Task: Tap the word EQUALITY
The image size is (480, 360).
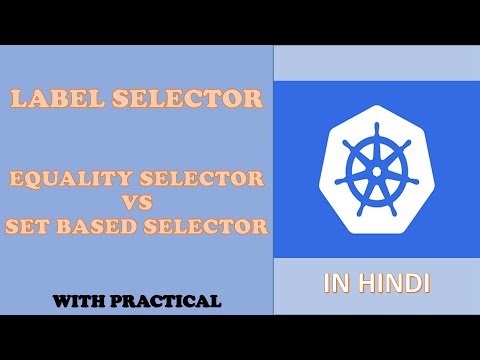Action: tap(65, 180)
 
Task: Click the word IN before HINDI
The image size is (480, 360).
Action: tap(336, 284)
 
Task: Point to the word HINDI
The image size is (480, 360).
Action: tap(394, 284)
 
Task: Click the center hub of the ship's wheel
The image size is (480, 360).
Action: tap(376, 169)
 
